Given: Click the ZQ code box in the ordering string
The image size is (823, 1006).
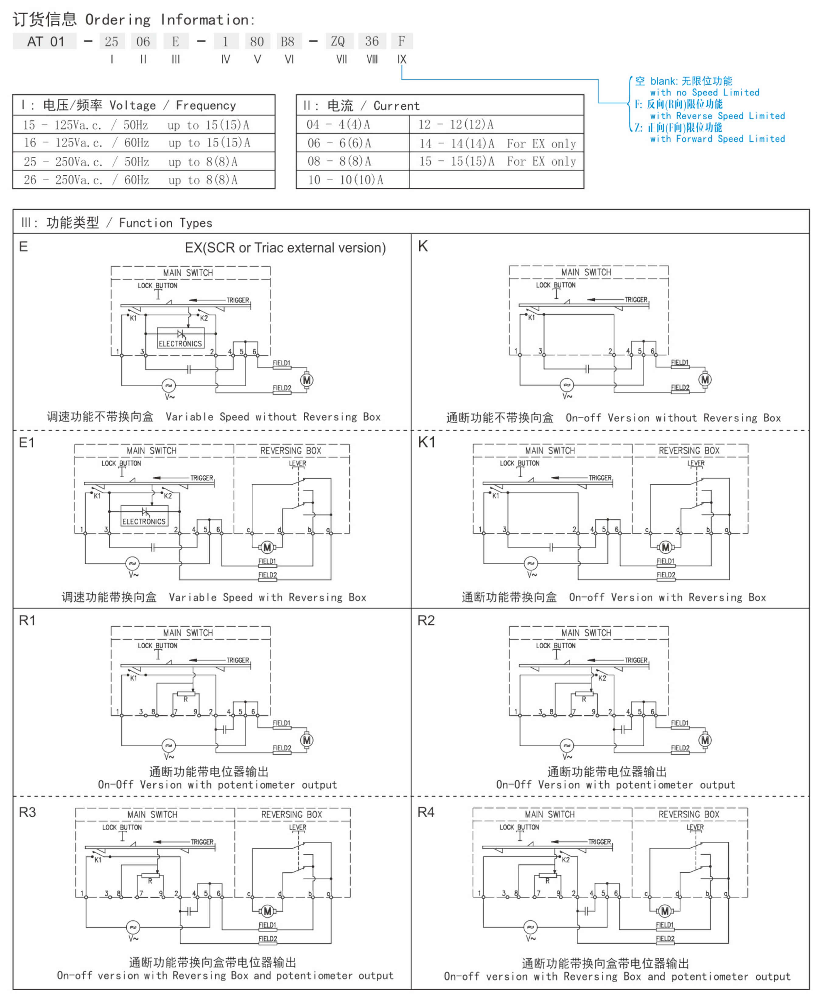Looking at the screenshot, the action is pyautogui.click(x=338, y=41).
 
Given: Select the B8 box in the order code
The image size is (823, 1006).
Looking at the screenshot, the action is pyautogui.click(x=288, y=41).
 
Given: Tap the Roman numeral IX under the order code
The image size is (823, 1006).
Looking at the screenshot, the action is pyautogui.click(x=401, y=59).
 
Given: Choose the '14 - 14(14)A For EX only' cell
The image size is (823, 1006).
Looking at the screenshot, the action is pyautogui.click(x=496, y=143).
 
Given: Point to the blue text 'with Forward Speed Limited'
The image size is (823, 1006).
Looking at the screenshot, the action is pyautogui.click(x=717, y=139).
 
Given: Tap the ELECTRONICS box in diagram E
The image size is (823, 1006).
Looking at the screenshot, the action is pyautogui.click(x=180, y=338).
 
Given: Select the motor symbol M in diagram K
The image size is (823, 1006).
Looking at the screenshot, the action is pyautogui.click(x=705, y=380).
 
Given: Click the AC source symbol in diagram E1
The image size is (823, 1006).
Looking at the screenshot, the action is pyautogui.click(x=132, y=563).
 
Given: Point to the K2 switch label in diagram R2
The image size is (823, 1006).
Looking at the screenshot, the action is pyautogui.click(x=602, y=678).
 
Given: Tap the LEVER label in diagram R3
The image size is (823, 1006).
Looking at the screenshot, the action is pyautogui.click(x=298, y=827).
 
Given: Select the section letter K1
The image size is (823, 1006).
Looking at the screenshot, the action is pyautogui.click(x=427, y=442).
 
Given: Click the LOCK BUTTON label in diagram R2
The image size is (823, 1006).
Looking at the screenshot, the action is pyautogui.click(x=556, y=646).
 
